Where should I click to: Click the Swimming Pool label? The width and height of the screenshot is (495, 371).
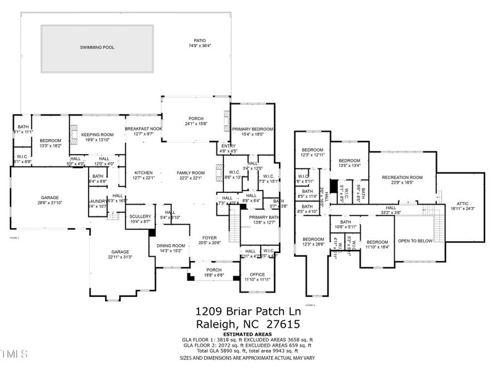97,47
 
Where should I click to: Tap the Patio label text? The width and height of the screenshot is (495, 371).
199,41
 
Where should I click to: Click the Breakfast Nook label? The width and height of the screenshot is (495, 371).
143,129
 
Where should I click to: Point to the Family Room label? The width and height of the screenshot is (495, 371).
191,173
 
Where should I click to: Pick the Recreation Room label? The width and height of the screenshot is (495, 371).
402,177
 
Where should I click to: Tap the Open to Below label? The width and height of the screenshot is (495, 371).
415,241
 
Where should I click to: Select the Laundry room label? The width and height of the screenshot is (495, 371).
98,201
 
